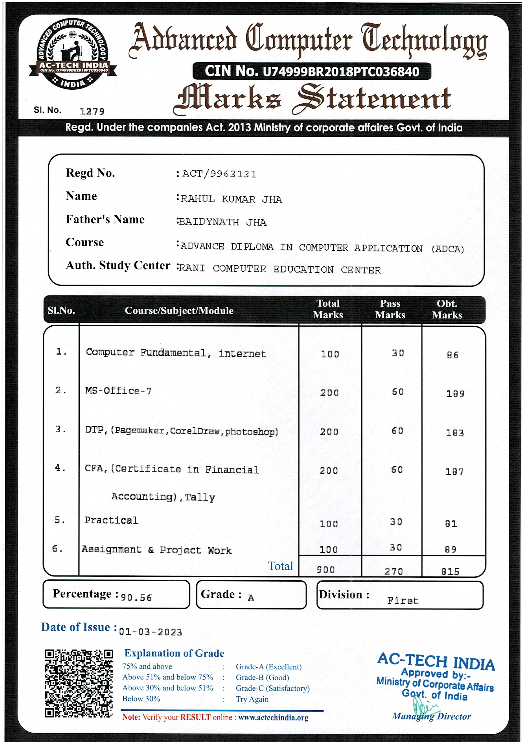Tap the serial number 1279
[x=92, y=111]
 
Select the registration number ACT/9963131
[x=219, y=174]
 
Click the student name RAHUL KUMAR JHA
[x=231, y=199]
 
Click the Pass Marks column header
[x=390, y=309]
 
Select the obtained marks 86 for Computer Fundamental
[x=452, y=355]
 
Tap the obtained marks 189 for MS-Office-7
[x=455, y=394]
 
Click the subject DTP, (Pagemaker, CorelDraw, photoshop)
[x=181, y=431]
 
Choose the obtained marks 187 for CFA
[x=454, y=472]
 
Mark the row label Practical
[x=111, y=520]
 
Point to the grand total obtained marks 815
[x=450, y=572]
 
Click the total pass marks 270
[x=393, y=571]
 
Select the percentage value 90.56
[x=136, y=597]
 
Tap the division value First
[x=403, y=601]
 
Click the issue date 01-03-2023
[x=150, y=632]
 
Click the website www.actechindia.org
[x=273, y=718]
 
